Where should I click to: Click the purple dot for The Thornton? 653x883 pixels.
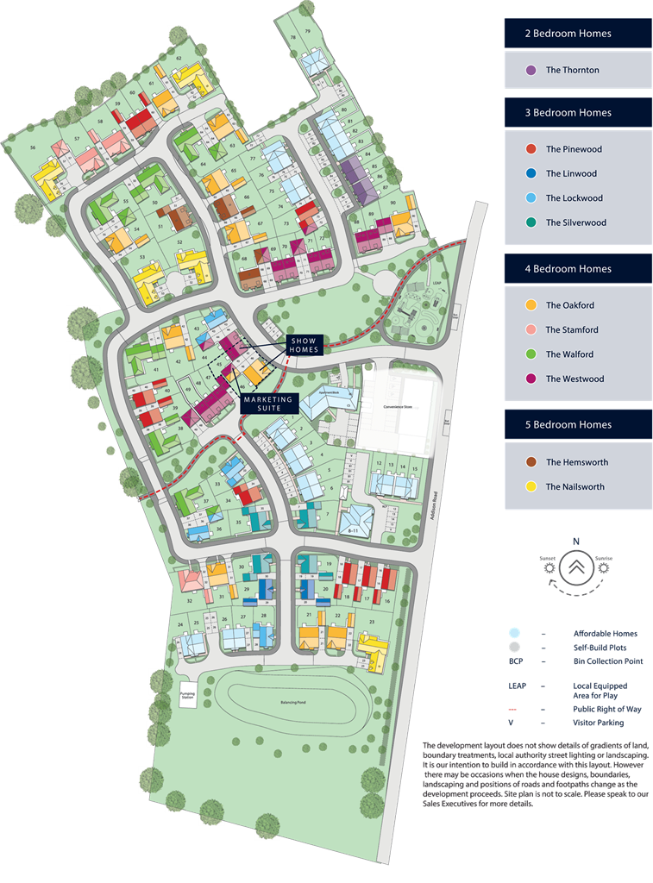pos(531,70)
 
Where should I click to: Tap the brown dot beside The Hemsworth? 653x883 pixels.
pos(531,462)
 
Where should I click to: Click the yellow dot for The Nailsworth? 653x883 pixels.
pos(531,486)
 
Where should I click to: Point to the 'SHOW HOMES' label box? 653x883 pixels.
pos(305,344)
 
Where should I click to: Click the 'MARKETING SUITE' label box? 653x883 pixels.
pos(268,404)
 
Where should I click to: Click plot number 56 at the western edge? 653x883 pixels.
pos(33,148)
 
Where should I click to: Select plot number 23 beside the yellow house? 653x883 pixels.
pos(371,622)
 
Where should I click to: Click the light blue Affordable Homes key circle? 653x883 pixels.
pos(514,633)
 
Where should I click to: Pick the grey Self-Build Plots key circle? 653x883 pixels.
pos(514,647)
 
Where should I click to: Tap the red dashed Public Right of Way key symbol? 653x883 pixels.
pos(514,710)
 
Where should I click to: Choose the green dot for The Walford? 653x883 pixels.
pos(531,354)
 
